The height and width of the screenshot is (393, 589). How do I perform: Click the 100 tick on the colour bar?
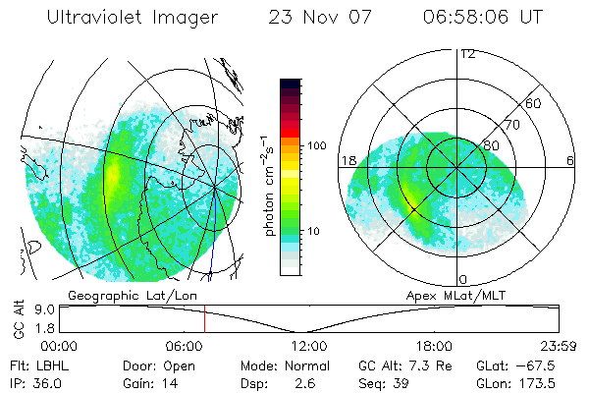point(315,145)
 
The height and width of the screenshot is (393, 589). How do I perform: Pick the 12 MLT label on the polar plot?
point(467,53)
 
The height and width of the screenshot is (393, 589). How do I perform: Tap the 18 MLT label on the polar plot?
point(348,160)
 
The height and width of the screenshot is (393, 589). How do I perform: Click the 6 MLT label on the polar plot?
point(570,160)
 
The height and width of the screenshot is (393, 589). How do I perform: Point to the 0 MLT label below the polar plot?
point(463,280)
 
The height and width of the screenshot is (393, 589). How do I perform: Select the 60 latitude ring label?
point(534,104)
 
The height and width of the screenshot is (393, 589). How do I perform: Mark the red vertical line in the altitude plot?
point(204,318)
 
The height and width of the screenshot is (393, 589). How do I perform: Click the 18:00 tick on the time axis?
point(433,345)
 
